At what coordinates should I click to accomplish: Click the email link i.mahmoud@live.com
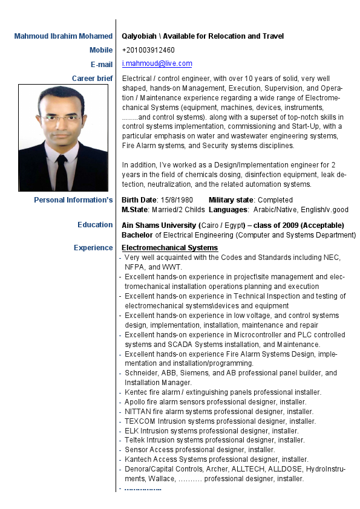pyautogui.click(x=157, y=63)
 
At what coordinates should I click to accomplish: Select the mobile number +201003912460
pyautogui.click(x=148, y=50)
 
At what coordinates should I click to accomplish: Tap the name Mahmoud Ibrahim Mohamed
pyautogui.click(x=64, y=36)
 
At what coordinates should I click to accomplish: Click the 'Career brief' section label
pyautogui.click(x=92, y=79)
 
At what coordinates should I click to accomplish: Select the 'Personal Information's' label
pyautogui.click(x=73, y=200)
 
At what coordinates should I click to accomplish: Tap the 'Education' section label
pyautogui.click(x=95, y=225)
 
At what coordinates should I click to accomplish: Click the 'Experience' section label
pyautogui.click(x=93, y=248)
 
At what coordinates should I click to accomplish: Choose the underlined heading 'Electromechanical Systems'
pyautogui.click(x=169, y=248)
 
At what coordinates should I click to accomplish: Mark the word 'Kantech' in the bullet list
pyautogui.click(x=138, y=459)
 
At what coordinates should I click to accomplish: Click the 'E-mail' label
pyautogui.click(x=101, y=64)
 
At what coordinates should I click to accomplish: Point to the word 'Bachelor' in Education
pyautogui.click(x=137, y=235)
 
